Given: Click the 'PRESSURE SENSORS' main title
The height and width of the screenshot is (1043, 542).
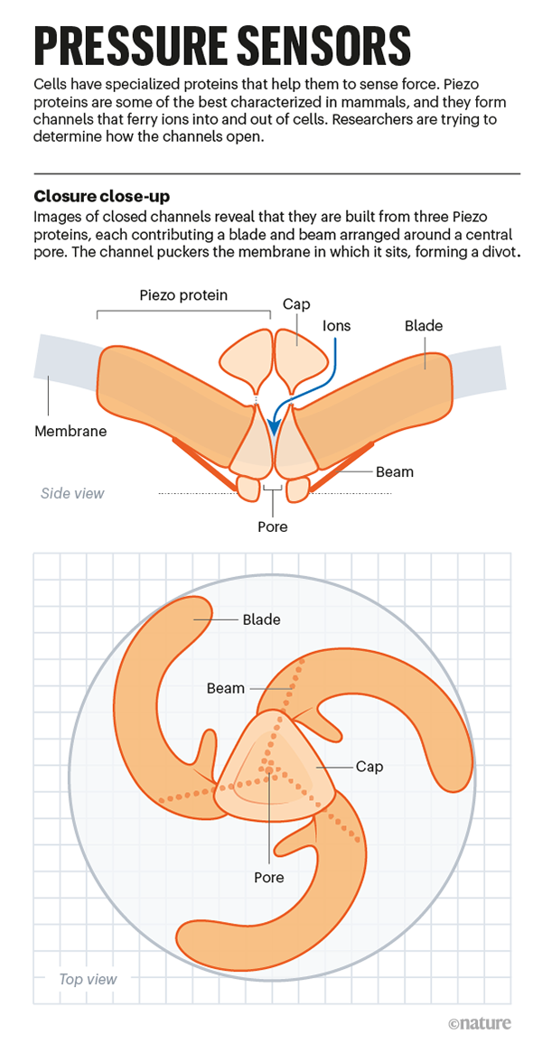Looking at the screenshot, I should point(222,44).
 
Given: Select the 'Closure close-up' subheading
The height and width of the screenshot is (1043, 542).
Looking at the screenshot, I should point(101,196).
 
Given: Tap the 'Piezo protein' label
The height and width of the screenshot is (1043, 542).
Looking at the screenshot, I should point(183,295).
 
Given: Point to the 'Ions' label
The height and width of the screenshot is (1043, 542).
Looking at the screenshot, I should point(336,325).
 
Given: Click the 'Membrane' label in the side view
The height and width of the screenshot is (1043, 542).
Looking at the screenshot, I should point(70,431).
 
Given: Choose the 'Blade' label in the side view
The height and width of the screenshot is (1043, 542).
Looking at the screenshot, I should point(424,325).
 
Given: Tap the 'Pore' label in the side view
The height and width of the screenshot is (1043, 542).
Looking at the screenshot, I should point(273,526).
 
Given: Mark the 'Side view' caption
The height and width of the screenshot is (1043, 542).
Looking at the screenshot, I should point(72,493).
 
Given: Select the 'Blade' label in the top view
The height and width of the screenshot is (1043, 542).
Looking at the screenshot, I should point(262,619).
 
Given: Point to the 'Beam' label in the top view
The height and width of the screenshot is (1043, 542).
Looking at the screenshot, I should point(226,688).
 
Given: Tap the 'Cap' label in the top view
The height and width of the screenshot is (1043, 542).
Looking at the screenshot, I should point(369,767).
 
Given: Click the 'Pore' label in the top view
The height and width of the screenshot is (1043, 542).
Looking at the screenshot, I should point(268,877).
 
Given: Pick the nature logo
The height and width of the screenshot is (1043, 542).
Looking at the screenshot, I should point(479,1023).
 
